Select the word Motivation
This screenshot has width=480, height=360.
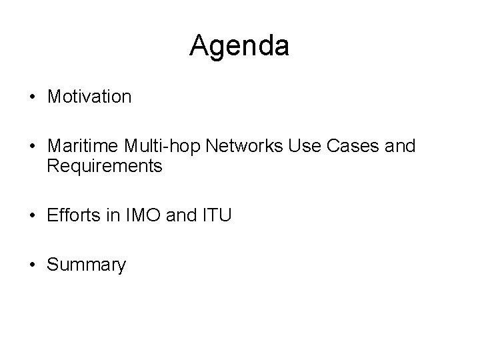click(89, 97)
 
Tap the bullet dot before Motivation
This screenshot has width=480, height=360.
click(32, 97)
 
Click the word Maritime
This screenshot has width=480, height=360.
click(77, 147)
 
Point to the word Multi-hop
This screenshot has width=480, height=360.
click(145, 147)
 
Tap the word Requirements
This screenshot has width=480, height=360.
click(105, 166)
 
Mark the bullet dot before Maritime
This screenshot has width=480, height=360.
click(32, 147)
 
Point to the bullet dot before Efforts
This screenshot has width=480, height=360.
click(32, 215)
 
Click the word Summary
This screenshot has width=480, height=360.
click(86, 265)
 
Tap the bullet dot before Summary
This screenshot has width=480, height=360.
click(32, 265)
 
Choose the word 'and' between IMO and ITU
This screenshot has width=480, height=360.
click(179, 215)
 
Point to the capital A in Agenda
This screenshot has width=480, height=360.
click(199, 46)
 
